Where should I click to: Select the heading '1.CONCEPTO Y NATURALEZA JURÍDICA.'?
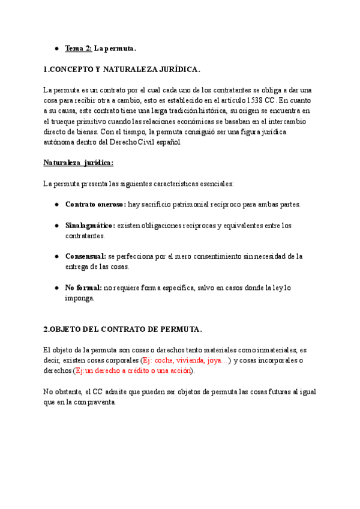pyautogui.click(x=122, y=70)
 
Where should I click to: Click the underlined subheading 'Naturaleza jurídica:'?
pyautogui.click(x=78, y=163)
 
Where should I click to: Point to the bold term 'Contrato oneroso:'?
pyautogui.click(x=95, y=204)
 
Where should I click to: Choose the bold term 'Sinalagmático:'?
pyautogui.click(x=90, y=226)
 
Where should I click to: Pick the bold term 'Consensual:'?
pyautogui.click(x=85, y=256)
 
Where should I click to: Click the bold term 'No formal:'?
pyautogui.click(x=83, y=288)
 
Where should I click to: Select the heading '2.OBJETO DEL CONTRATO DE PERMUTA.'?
pyautogui.click(x=123, y=329)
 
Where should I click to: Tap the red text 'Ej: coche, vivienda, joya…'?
pyautogui.click(x=185, y=361)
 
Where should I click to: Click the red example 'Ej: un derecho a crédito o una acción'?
pyautogui.click(x=133, y=371)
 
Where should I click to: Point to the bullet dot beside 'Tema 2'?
pyautogui.click(x=56, y=48)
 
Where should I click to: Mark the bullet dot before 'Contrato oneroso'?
pyautogui.click(x=56, y=204)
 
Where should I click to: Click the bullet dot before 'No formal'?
pyautogui.click(x=56, y=288)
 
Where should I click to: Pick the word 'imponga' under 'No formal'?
pyautogui.click(x=79, y=298)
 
